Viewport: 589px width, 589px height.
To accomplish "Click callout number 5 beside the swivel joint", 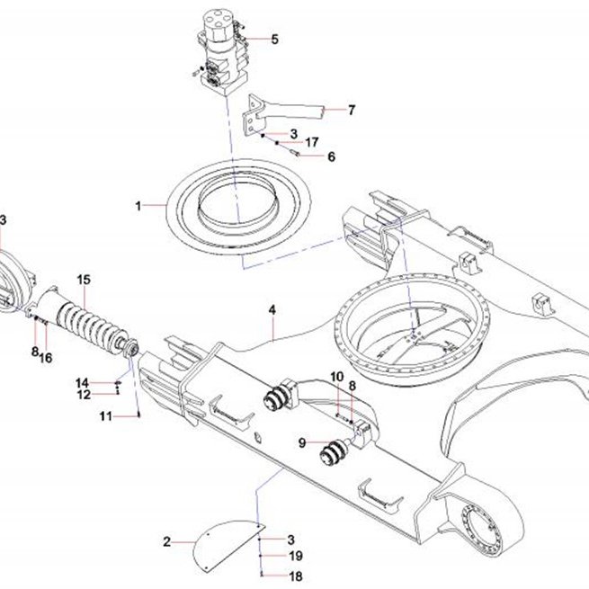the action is click(275, 39).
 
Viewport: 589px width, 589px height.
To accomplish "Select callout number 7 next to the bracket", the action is click(352, 110).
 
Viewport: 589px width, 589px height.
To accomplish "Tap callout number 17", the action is click(311, 142).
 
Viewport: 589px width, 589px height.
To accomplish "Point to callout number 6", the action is click(331, 156).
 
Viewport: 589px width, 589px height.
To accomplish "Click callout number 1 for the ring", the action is click(138, 206).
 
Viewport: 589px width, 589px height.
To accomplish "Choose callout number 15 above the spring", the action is click(84, 280).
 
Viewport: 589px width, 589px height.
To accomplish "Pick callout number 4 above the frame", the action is click(272, 310).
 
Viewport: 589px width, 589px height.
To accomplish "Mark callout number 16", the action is click(46, 358).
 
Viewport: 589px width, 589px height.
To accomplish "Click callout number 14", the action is click(82, 383).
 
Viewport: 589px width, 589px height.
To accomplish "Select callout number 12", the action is click(84, 395).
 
